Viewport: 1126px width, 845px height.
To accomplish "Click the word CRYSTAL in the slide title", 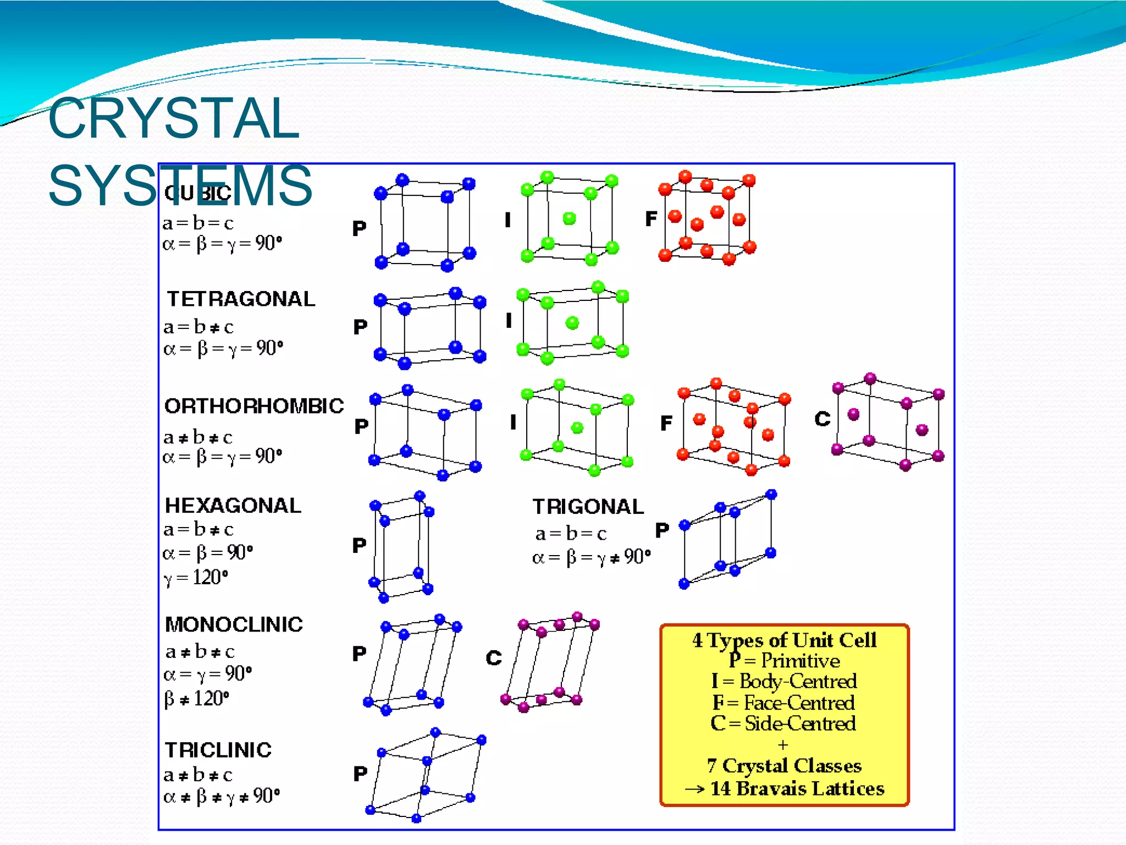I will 173,118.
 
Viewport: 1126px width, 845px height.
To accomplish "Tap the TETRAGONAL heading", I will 241,299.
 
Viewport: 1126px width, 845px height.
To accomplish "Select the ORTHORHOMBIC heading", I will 254,406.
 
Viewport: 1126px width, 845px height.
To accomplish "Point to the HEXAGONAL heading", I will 233,506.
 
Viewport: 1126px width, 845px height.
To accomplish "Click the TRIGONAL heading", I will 588,507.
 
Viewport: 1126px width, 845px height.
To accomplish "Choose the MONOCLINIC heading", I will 234,624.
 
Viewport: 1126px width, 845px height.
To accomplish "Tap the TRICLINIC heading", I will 218,750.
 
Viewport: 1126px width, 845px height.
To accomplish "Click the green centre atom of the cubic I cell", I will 570,218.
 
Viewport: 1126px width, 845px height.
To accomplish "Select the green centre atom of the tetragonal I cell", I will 572,322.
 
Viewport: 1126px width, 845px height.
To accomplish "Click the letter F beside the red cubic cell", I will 651,219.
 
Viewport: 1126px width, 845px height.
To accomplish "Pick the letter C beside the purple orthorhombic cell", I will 822,419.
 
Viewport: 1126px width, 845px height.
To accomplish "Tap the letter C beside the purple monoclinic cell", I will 494,658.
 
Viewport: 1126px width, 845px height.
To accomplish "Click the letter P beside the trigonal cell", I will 662,530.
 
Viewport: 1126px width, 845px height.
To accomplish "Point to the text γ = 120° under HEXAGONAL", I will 196,578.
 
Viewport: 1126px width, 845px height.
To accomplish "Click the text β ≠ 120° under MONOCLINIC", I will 197,699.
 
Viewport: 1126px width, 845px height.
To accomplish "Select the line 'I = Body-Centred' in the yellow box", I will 784,682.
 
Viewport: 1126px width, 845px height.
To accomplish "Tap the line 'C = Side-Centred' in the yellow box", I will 783,723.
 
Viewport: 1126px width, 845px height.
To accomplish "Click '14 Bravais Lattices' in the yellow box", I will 797,788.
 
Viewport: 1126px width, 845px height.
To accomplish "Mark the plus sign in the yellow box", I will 783,745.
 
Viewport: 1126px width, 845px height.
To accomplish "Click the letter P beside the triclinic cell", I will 360,774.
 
